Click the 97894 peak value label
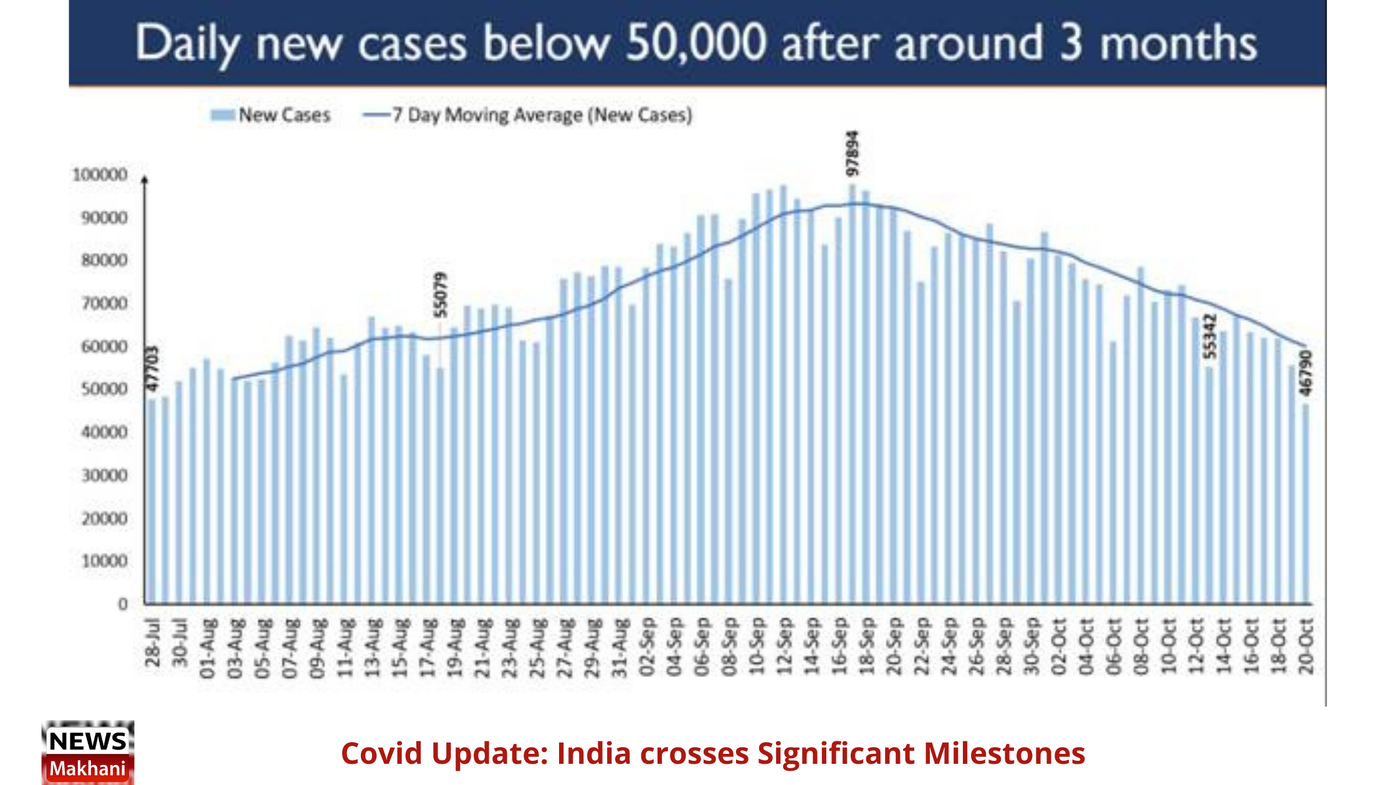[x=853, y=153]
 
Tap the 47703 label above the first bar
[x=152, y=369]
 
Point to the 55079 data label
[x=441, y=294]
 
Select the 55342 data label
[x=1209, y=336]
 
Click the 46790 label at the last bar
[x=1306, y=373]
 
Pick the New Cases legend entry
[x=271, y=115]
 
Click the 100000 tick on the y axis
[x=100, y=175]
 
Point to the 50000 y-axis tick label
[x=104, y=389]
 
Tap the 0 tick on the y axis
[x=123, y=604]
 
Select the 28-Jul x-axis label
[x=153, y=643]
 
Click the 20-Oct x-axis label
[x=1306, y=645]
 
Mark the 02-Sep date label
[x=647, y=647]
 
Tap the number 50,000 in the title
[x=696, y=44]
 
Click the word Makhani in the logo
[x=88, y=769]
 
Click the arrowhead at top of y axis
[x=145, y=180]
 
